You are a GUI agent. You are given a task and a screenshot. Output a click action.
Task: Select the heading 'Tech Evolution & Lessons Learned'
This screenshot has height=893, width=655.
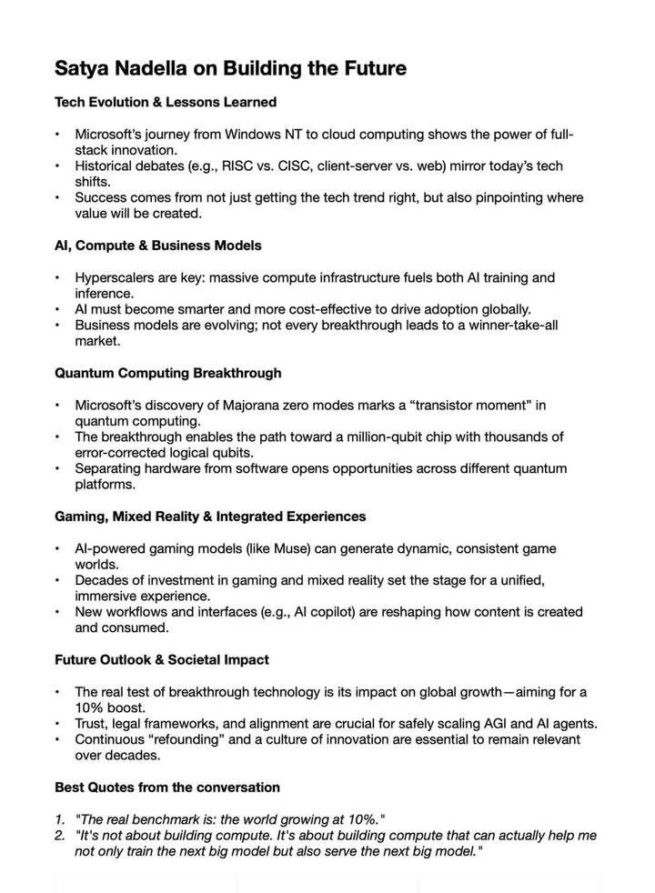click(166, 102)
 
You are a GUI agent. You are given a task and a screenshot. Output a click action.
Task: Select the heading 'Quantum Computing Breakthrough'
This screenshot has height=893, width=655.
click(168, 372)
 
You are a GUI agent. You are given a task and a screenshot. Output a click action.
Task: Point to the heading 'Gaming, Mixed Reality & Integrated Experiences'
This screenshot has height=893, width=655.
click(210, 516)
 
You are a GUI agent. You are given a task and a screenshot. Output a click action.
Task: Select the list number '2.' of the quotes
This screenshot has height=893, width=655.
click(61, 834)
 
